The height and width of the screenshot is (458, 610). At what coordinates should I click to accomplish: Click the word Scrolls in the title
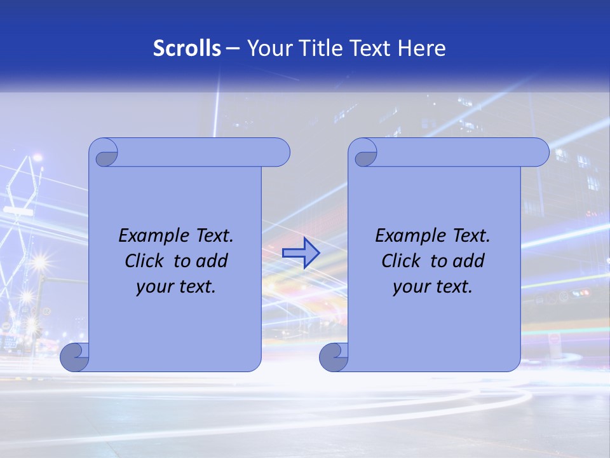click(x=187, y=48)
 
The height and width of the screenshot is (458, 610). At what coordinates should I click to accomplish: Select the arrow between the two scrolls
click(x=301, y=253)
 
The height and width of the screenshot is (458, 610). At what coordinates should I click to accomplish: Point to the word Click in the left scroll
click(x=146, y=261)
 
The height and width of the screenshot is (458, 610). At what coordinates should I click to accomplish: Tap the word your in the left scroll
click(x=153, y=286)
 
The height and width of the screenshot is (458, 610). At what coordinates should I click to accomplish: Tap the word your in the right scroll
click(x=410, y=286)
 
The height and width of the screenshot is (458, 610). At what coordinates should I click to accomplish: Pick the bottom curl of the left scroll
click(x=74, y=357)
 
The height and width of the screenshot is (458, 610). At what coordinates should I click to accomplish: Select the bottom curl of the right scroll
click(x=333, y=357)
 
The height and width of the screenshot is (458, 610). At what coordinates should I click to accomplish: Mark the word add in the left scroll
click(x=213, y=261)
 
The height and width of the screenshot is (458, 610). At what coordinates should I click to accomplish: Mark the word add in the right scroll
click(x=470, y=261)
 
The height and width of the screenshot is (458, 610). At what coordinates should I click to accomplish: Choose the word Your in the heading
click(x=268, y=48)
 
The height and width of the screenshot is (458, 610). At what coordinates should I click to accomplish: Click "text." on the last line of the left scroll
click(x=195, y=286)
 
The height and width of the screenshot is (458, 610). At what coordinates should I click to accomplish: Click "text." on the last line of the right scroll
click(x=452, y=286)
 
